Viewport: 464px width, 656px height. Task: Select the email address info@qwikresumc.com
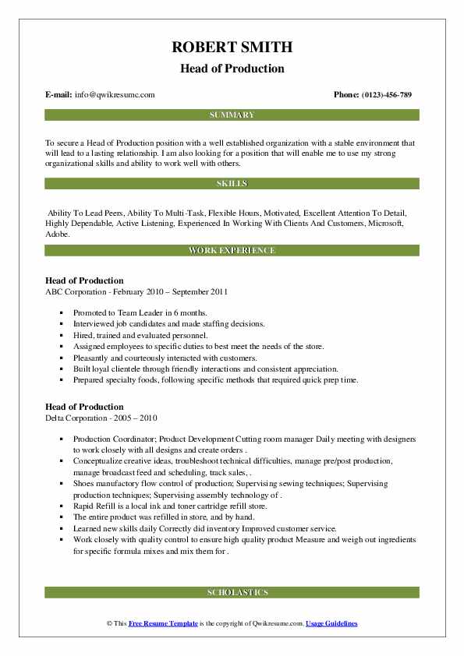click(115, 95)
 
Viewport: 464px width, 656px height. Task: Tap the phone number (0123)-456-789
click(384, 95)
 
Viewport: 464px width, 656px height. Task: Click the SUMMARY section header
click(232, 115)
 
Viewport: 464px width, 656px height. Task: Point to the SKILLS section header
click(232, 184)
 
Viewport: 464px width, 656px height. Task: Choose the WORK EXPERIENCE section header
click(232, 251)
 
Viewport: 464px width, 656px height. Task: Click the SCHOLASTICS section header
click(232, 593)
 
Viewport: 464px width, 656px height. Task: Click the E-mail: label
click(59, 95)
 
